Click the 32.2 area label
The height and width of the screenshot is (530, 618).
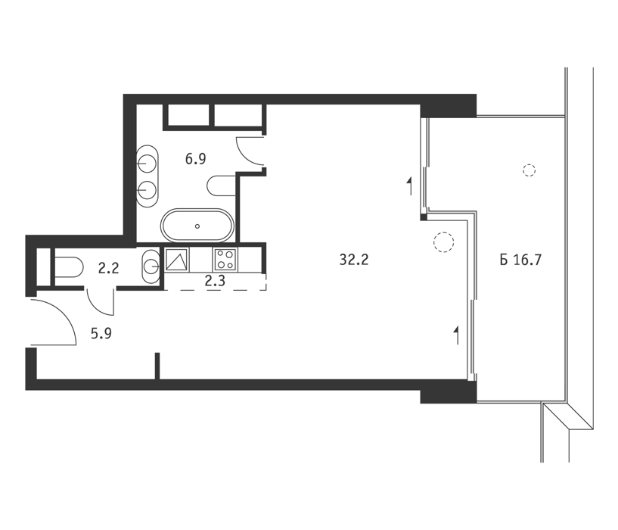pyautogui.click(x=353, y=260)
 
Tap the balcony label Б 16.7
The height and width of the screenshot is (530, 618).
pyautogui.click(x=520, y=260)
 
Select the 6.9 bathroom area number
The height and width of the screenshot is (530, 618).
pyautogui.click(x=195, y=160)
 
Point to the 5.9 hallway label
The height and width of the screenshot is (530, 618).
pyautogui.click(x=101, y=334)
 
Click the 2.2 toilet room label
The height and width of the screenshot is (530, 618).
pyautogui.click(x=108, y=269)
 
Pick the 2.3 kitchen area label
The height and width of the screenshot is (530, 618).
pyautogui.click(x=215, y=281)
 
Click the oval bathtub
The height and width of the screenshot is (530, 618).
pyautogui.click(x=197, y=226)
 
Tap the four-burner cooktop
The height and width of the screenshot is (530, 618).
pyautogui.click(x=225, y=260)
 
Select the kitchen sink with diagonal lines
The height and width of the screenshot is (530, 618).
pyautogui.click(x=177, y=260)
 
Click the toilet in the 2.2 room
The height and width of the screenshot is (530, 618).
pyautogui.click(x=68, y=268)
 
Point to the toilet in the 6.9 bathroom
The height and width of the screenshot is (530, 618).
pyautogui.click(x=222, y=185)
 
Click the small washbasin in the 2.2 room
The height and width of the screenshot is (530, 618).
pyautogui.click(x=151, y=267)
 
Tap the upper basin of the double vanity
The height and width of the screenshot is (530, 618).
pyautogui.click(x=147, y=163)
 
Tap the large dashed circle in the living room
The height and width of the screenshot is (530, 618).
pyautogui.click(x=443, y=242)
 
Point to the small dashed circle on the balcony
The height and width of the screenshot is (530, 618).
pyautogui.click(x=529, y=170)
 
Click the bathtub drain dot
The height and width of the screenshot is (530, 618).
pyautogui.click(x=197, y=226)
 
